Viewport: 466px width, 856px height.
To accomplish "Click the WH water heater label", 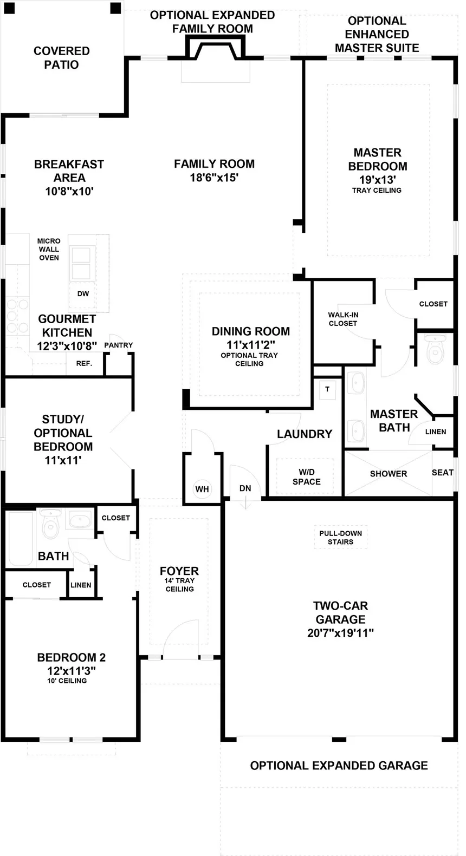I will [202, 489].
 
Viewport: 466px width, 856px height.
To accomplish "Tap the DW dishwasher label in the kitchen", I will [83, 293].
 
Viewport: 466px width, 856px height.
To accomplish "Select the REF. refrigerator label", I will [84, 363].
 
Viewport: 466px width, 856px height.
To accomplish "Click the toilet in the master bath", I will [436, 349].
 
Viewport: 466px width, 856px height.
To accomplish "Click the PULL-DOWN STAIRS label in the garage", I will [340, 537].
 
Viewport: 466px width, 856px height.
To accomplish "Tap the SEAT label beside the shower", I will [442, 472].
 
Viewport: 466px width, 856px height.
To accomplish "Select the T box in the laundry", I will [327, 389].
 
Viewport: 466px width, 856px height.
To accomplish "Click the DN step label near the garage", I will [245, 488].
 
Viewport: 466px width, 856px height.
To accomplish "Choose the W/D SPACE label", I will [306, 476].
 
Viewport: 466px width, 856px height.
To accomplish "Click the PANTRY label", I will [118, 345].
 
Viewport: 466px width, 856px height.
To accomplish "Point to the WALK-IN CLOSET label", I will [342, 319].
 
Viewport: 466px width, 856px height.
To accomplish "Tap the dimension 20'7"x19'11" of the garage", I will [340, 632].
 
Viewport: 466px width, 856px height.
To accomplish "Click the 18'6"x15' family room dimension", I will [214, 177].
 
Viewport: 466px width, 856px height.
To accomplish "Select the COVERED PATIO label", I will [61, 57].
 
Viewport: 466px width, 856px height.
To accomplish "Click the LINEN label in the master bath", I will [435, 432].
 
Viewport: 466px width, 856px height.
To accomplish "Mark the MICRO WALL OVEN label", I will [49, 249].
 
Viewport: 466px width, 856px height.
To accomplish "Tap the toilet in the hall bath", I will [50, 524].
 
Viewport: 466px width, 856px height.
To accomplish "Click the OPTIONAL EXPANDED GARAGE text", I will [339, 765].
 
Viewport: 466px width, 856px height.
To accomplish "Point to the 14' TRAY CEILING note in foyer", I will [179, 585].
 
